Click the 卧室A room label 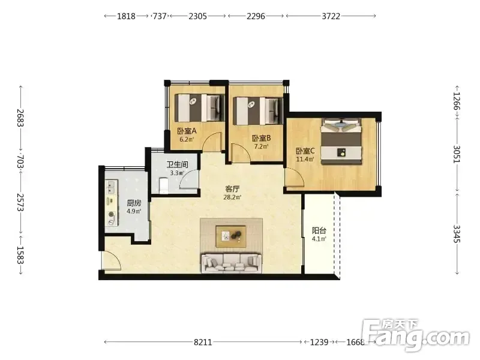click(x=187, y=131)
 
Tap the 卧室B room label click(x=261, y=139)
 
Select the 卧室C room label click(x=305, y=151)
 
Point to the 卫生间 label click(x=177, y=164)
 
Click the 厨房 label click(x=134, y=203)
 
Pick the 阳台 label click(x=319, y=230)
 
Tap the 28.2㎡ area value click(x=232, y=197)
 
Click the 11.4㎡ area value click(x=305, y=159)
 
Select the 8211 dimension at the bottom click(x=203, y=342)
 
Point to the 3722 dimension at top click(x=331, y=16)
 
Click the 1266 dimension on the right click(x=457, y=101)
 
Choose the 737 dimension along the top click(x=160, y=16)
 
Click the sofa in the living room click(x=232, y=263)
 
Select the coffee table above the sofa click(x=230, y=236)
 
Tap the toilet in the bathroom click(x=163, y=186)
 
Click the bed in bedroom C click(x=341, y=142)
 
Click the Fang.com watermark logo click(x=415, y=335)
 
